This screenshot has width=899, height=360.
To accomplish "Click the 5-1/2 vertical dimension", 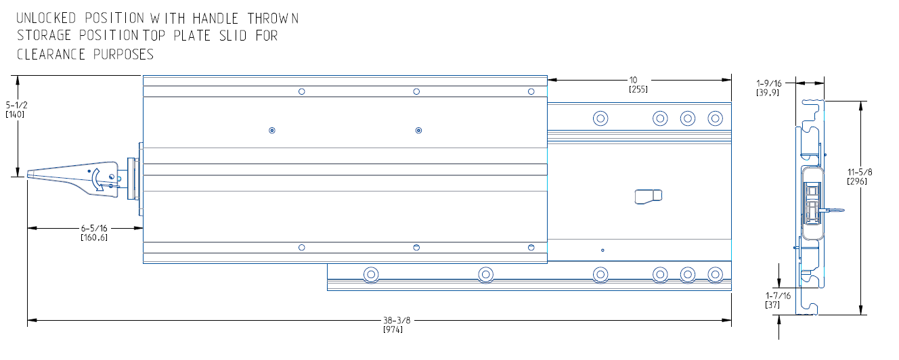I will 16,106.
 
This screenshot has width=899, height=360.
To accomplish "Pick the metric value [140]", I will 16,114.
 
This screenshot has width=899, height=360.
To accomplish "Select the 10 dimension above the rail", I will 633,80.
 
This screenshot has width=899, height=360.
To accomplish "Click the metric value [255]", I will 638,89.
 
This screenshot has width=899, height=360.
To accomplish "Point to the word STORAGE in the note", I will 46,36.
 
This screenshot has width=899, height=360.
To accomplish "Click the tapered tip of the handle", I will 31,176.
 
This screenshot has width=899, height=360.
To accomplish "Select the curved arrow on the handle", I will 98,179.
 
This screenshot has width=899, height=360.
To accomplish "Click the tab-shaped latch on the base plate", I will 648,196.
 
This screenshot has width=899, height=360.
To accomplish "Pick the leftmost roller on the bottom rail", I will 370,275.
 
